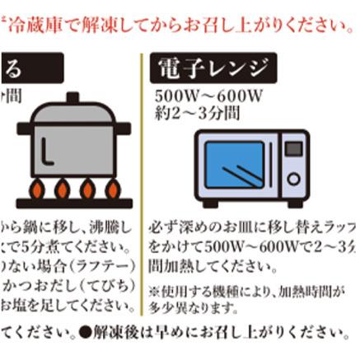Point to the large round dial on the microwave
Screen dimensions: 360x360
tap(294, 178)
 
